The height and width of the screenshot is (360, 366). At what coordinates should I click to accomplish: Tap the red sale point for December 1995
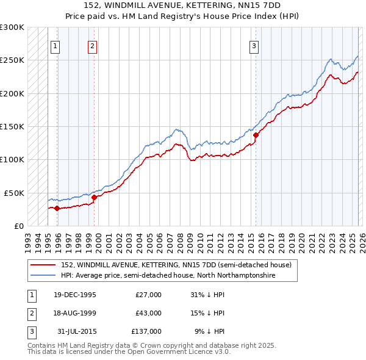click(x=57, y=208)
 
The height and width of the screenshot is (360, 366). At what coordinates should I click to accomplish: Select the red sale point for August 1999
click(x=94, y=197)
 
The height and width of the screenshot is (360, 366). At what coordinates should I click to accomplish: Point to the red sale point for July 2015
click(x=256, y=135)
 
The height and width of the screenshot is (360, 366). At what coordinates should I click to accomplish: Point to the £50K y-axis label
click(x=14, y=193)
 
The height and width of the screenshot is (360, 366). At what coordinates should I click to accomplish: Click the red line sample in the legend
click(x=43, y=265)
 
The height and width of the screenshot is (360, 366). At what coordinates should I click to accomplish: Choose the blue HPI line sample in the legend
click(x=43, y=276)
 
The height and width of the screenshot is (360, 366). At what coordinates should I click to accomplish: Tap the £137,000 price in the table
click(x=146, y=331)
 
